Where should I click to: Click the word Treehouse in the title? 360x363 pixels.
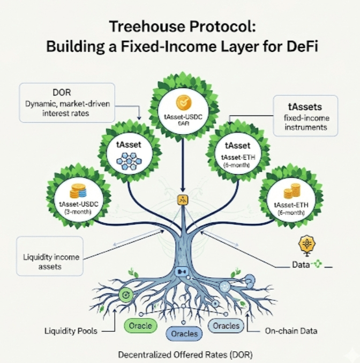pyautogui.click(x=147, y=26)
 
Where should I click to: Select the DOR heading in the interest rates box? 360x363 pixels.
pyautogui.click(x=62, y=92)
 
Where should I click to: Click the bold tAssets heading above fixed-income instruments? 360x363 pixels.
pyautogui.click(x=305, y=107)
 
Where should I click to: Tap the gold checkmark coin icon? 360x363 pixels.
pyautogui.click(x=183, y=102)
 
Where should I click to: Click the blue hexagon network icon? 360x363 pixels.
pyautogui.click(x=129, y=161)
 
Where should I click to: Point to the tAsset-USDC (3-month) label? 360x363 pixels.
pyautogui.click(x=79, y=208)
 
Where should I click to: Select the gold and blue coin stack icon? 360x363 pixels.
pyautogui.click(x=78, y=191)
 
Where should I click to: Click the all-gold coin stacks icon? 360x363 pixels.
pyautogui.click(x=292, y=191)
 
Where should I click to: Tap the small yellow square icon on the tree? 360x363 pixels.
pyautogui.click(x=183, y=199)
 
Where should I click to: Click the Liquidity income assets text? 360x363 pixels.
pyautogui.click(x=51, y=262)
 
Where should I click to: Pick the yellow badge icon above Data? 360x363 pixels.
pyautogui.click(x=307, y=245)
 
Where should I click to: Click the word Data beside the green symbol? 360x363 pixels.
pyautogui.click(x=301, y=264)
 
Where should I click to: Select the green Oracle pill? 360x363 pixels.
pyautogui.click(x=140, y=325)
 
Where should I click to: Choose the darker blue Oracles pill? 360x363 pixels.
pyautogui.click(x=184, y=334)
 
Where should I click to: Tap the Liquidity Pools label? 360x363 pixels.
pyautogui.click(x=71, y=331)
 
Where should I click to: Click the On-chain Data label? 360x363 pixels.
pyautogui.click(x=291, y=331)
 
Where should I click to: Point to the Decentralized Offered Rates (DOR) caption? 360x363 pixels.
pyautogui.click(x=185, y=354)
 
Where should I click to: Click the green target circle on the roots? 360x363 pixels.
pyautogui.click(x=126, y=295)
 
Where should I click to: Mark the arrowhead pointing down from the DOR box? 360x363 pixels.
pyautogui.click(x=139, y=118)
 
